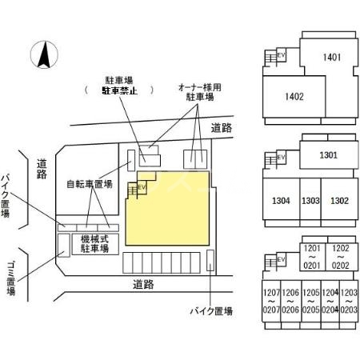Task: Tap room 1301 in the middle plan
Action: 328,155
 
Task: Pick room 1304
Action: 280,200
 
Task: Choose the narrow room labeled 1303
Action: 311,200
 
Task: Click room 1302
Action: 339,200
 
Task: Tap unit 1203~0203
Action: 350,302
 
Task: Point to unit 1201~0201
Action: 312,258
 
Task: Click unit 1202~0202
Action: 341,258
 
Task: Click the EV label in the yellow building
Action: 142,186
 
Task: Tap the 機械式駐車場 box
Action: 95,244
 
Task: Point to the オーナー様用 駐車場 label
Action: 200,90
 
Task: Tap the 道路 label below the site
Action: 143,283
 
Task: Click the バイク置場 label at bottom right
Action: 211,311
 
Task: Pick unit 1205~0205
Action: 310,302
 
